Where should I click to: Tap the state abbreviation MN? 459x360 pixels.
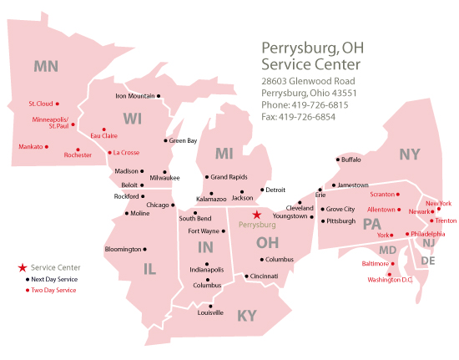(x=46, y=65)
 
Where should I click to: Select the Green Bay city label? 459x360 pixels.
(x=183, y=140)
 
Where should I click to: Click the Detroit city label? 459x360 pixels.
(x=275, y=190)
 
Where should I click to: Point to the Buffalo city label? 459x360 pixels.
(x=351, y=159)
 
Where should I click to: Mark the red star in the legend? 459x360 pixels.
(x=22, y=267)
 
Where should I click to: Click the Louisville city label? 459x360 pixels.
(x=210, y=312)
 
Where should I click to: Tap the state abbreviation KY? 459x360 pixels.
(x=247, y=315)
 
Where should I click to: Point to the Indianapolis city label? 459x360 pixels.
(x=206, y=270)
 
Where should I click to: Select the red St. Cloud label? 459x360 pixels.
(x=41, y=104)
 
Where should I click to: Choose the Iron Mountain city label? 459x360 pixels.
(x=134, y=96)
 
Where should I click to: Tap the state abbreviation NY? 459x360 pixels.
(x=410, y=154)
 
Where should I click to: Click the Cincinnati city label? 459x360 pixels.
(x=264, y=276)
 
